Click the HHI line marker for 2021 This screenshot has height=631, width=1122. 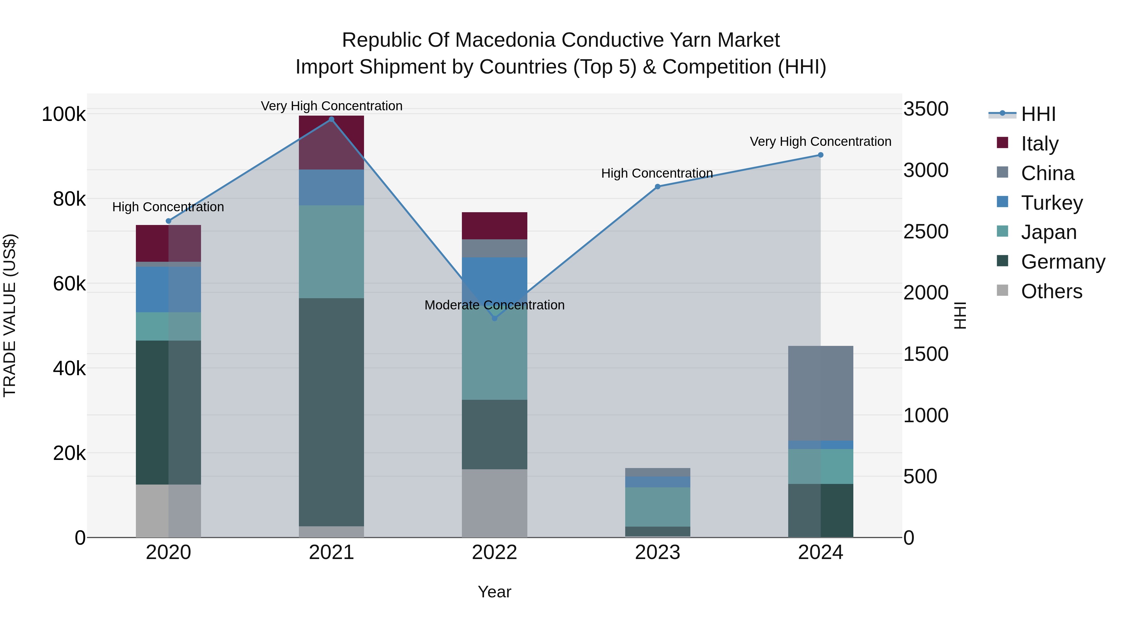(332, 119)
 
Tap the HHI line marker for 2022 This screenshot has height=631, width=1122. (494, 318)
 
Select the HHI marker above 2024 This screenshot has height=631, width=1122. (821, 155)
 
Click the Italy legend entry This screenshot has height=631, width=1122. (1039, 143)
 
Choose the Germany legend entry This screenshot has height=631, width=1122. (1063, 262)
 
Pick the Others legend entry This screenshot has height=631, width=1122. (1052, 291)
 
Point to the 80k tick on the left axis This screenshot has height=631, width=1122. (69, 199)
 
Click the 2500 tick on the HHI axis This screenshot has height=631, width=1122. (926, 232)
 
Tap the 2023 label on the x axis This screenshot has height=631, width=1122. (657, 552)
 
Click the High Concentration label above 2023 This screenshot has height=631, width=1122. (657, 173)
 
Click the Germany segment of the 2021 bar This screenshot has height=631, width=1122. (332, 412)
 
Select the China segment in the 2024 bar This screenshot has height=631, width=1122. (821, 393)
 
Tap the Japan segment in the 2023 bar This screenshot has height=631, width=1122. (657, 507)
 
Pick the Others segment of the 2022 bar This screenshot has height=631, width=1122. (494, 503)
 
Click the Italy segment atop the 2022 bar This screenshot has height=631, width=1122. (494, 226)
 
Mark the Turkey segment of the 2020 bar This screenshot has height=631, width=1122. (169, 289)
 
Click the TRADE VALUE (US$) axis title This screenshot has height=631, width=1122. (10, 315)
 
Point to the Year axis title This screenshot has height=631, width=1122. (494, 592)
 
